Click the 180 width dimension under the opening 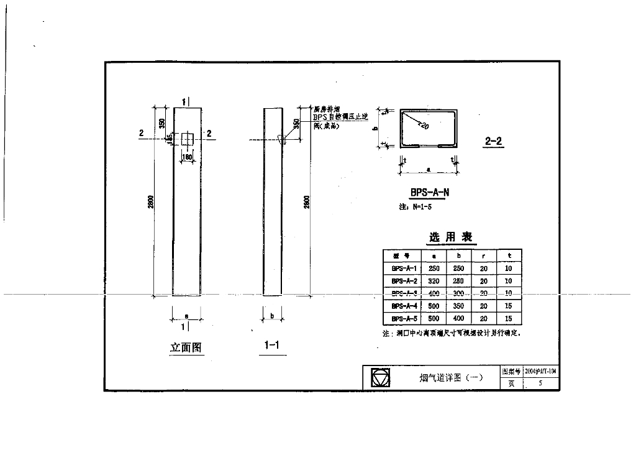(x=186, y=157)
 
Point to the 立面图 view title (x=186, y=348)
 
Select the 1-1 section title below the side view (x=271, y=346)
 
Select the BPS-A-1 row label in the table (x=403, y=269)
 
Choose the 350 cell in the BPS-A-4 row (x=458, y=306)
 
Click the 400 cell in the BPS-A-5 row (x=458, y=318)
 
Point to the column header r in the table (x=484, y=256)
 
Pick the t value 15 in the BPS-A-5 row (x=509, y=318)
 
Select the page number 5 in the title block (x=540, y=383)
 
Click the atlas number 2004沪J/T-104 (x=540, y=371)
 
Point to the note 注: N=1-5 (x=415, y=207)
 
